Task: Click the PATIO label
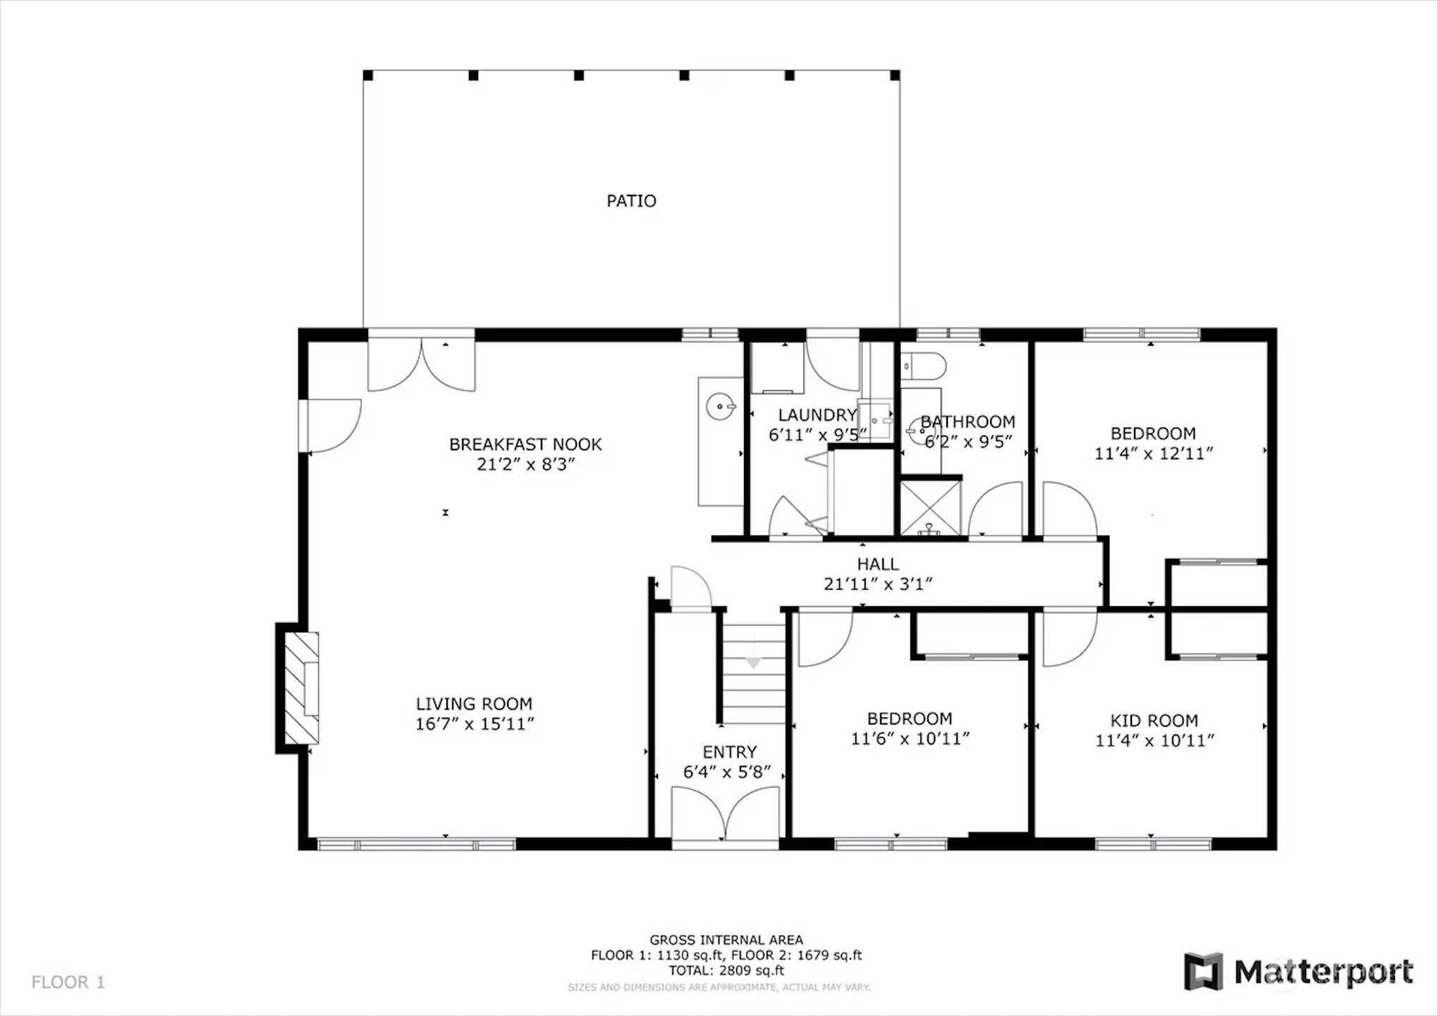point(631,201)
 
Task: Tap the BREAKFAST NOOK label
point(525,445)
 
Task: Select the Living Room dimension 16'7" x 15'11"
point(475,724)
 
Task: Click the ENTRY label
point(729,752)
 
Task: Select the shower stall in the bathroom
point(931,507)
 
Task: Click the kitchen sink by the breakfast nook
point(721,407)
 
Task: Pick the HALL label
point(878,564)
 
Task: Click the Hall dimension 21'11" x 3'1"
point(878,584)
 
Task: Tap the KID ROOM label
point(1154,721)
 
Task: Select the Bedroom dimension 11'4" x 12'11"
point(1153,454)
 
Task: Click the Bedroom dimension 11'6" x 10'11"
point(910,739)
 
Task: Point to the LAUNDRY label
point(817,416)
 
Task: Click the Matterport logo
point(1298,972)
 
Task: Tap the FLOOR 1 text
point(68,982)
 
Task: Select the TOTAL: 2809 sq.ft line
point(726,971)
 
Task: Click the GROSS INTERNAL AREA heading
point(726,940)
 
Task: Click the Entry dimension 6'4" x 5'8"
point(727,772)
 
